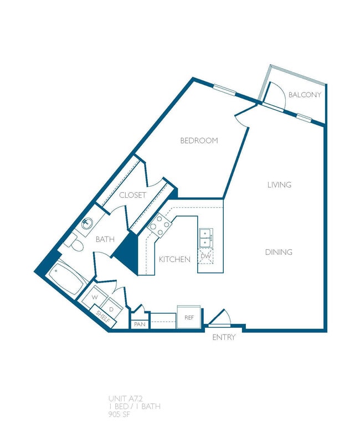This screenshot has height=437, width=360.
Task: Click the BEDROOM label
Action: (199, 141)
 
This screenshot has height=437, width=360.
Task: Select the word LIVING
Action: (279, 185)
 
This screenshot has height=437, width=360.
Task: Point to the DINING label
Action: (278, 253)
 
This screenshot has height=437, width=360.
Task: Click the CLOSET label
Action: (133, 196)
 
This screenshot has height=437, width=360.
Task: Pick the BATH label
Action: (105, 240)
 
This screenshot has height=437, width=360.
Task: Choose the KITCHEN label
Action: (174, 260)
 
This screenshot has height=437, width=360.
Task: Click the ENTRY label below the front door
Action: (224, 337)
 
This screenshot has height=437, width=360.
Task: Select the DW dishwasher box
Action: (205, 256)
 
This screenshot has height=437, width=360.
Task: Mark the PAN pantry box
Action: (140, 324)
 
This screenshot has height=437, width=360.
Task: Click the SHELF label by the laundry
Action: (102, 317)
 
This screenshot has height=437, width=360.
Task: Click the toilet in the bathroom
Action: (74, 242)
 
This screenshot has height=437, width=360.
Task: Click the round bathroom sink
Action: (87, 224)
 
